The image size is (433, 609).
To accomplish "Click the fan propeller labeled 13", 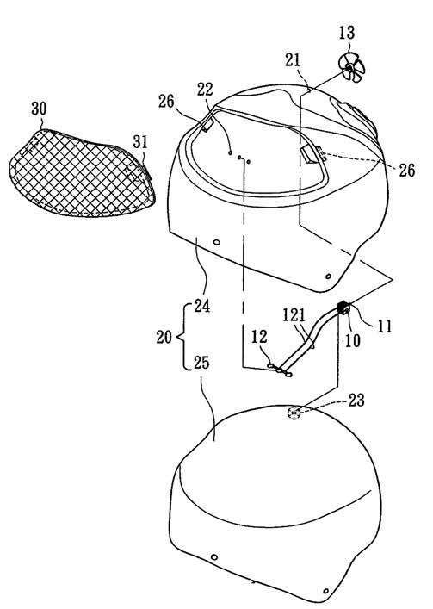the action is pyautogui.click(x=351, y=68).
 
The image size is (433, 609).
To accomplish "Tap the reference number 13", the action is pyautogui.click(x=346, y=33).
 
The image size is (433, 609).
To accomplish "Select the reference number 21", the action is pyautogui.click(x=293, y=60).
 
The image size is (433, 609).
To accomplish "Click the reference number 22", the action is pyautogui.click(x=205, y=90).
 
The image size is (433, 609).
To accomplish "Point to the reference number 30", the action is pyautogui.click(x=40, y=109).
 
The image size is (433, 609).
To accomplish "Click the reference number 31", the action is pyautogui.click(x=140, y=142).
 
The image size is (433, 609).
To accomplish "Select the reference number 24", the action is pyautogui.click(x=201, y=306).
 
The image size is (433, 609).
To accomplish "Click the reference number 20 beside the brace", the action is pyautogui.click(x=164, y=336).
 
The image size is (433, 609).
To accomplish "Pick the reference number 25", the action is pyautogui.click(x=201, y=363).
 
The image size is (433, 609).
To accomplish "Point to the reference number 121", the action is pyautogui.click(x=294, y=315).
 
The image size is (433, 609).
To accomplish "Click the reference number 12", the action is pyautogui.click(x=259, y=337).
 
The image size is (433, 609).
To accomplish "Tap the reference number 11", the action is pyautogui.click(x=385, y=326).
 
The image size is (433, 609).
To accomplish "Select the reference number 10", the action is pyautogui.click(x=353, y=340).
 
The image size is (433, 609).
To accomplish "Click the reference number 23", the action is pyautogui.click(x=356, y=400).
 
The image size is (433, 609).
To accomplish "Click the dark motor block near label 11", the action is pyautogui.click(x=343, y=308).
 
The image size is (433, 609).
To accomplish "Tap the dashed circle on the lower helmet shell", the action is pyautogui.click(x=294, y=413).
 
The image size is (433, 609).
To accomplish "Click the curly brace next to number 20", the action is pyautogui.click(x=182, y=336).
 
